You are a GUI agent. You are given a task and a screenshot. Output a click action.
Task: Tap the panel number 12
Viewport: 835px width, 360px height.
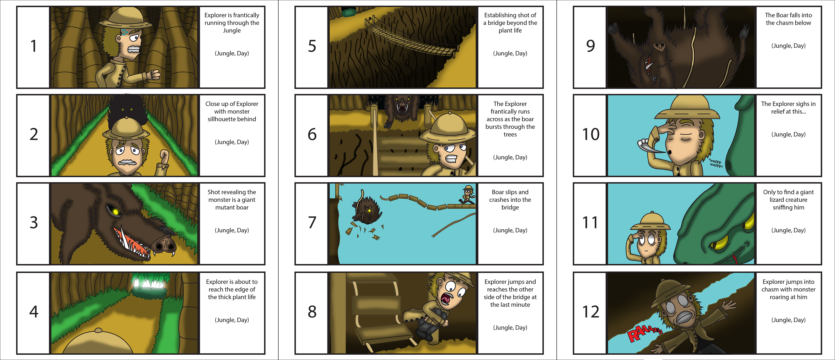(591, 312)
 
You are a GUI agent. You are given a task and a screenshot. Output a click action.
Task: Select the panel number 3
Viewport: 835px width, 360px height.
(34, 223)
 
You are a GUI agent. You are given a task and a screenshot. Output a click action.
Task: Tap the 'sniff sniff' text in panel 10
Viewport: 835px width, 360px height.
(715, 163)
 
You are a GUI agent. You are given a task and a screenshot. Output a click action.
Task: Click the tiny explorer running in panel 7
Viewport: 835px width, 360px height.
(468, 194)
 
